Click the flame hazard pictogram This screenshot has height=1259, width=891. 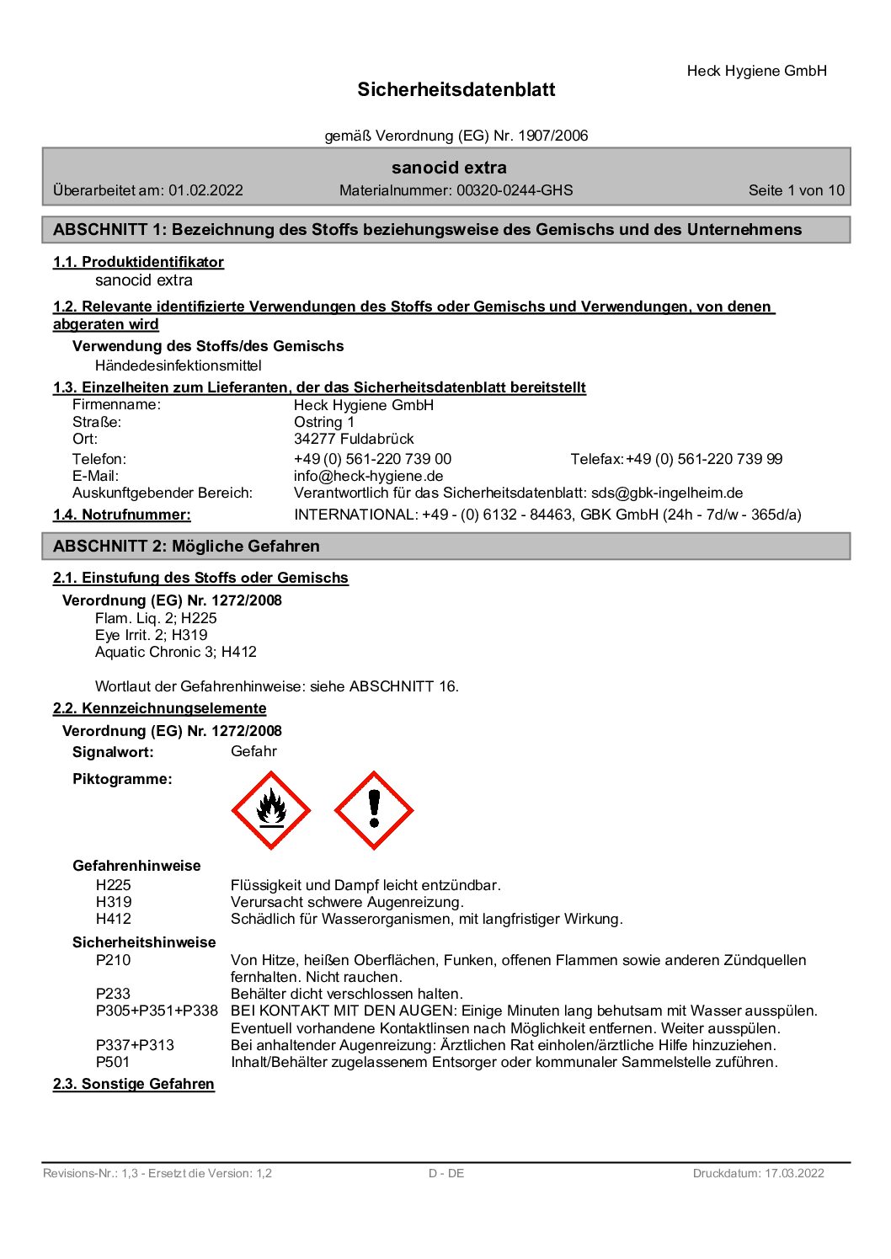click(271, 810)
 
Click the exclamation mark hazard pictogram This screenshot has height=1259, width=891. click(374, 810)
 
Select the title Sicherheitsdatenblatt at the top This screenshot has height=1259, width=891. click(456, 90)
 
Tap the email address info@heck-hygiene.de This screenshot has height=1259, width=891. click(368, 476)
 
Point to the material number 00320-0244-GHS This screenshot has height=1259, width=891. click(515, 190)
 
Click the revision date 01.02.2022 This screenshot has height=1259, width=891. click(205, 190)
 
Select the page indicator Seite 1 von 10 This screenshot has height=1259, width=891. click(796, 190)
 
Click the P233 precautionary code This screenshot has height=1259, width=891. click(113, 994)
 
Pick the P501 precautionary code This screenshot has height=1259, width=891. click(113, 1062)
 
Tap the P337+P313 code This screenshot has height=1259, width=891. click(135, 1045)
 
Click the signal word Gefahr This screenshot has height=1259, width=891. click(253, 751)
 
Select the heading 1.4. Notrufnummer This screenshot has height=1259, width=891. click(121, 515)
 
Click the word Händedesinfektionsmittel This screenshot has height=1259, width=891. click(179, 365)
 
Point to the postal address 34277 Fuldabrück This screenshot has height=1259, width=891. click(354, 439)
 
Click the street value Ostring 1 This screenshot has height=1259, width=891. click(324, 422)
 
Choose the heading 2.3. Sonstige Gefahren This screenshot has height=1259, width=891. click(133, 1084)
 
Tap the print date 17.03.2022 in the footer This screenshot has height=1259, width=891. click(794, 1173)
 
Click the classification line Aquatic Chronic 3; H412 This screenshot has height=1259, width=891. click(176, 652)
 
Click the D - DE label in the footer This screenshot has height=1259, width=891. click(446, 1173)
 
